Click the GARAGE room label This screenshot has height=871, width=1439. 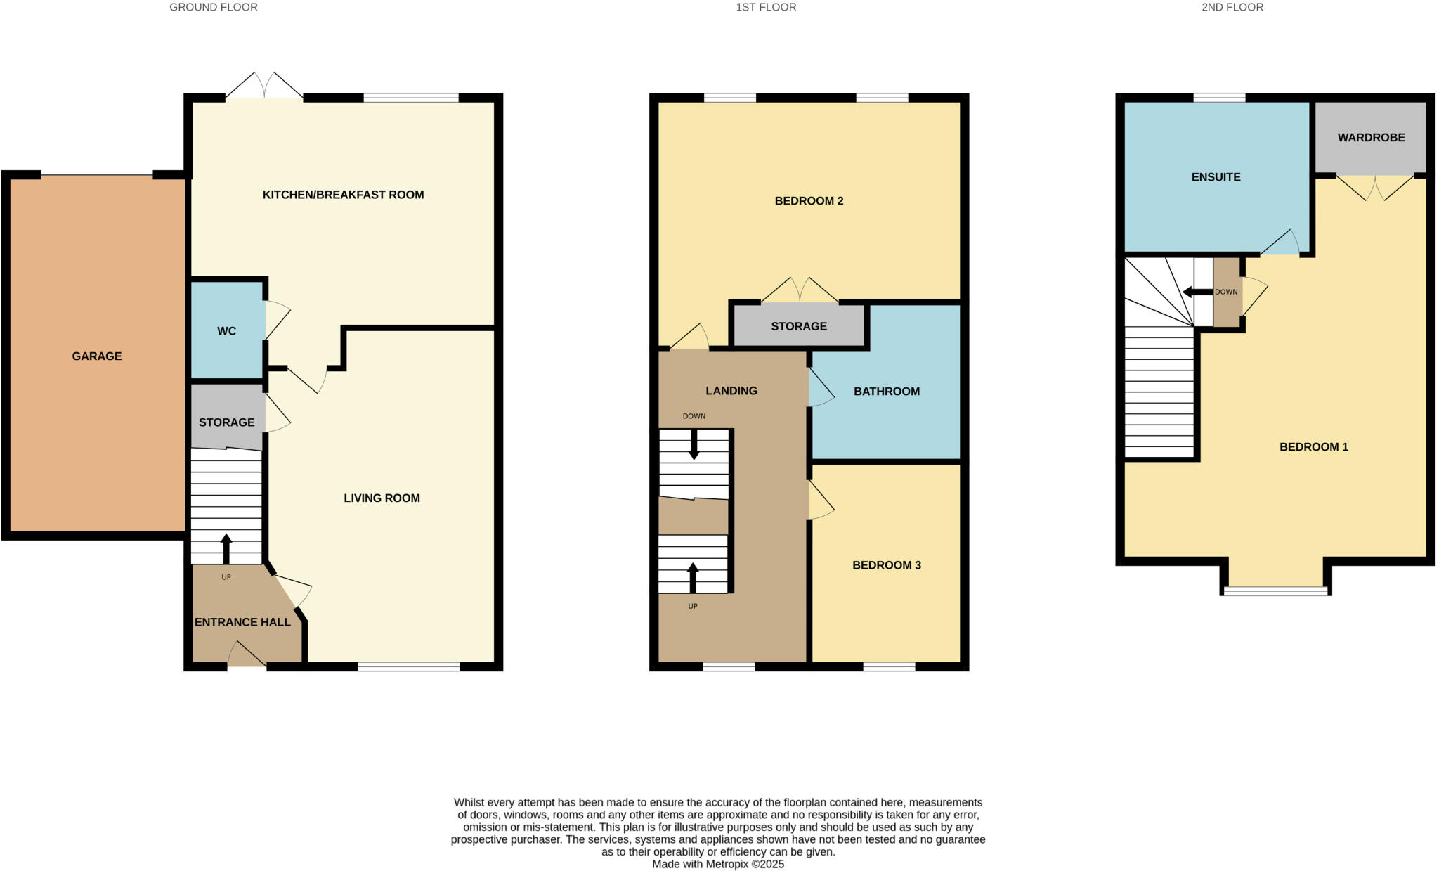pyautogui.click(x=97, y=356)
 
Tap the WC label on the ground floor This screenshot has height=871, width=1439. pyautogui.click(x=226, y=331)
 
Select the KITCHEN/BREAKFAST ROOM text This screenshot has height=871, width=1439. pyautogui.click(x=343, y=195)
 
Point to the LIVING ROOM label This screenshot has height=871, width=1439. pyautogui.click(x=382, y=498)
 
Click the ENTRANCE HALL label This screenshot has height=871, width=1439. pyautogui.click(x=242, y=622)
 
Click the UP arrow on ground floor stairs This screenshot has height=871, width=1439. pyautogui.click(x=226, y=548)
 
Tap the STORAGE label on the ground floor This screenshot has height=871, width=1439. pyautogui.click(x=226, y=422)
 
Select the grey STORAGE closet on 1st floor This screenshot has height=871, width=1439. pyautogui.click(x=799, y=326)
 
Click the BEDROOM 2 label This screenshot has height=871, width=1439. pyautogui.click(x=809, y=201)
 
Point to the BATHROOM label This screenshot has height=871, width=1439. pyautogui.click(x=886, y=392)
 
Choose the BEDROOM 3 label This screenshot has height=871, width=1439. pyautogui.click(x=886, y=565)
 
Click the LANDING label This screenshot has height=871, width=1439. pyautogui.click(x=731, y=391)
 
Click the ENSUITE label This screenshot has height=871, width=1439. pyautogui.click(x=1216, y=177)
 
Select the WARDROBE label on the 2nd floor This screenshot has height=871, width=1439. pyautogui.click(x=1371, y=138)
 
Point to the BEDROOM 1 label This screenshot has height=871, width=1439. pyautogui.click(x=1313, y=447)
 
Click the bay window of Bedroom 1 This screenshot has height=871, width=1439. pyautogui.click(x=1276, y=591)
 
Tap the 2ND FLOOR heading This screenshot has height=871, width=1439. pyautogui.click(x=1232, y=7)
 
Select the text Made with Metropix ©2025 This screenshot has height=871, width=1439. pyautogui.click(x=717, y=865)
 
